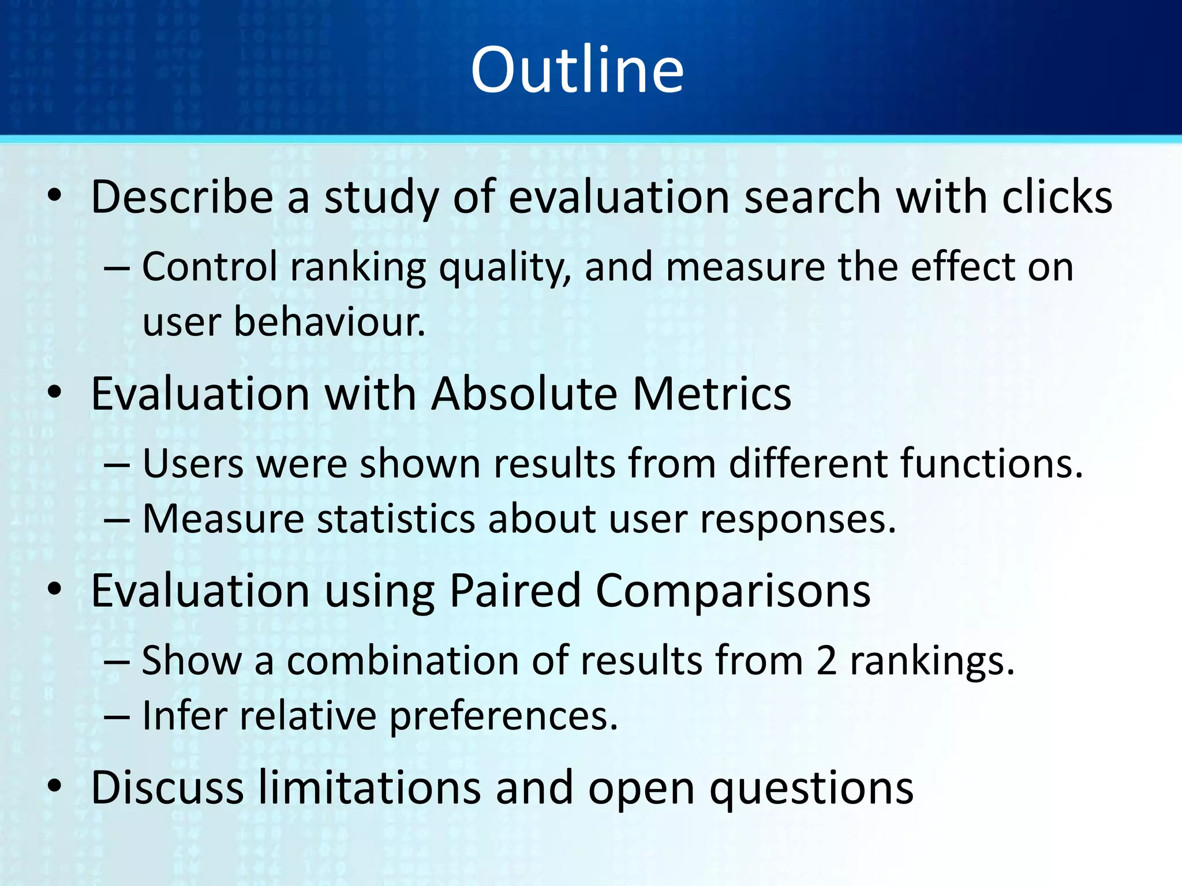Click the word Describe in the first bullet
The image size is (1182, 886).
182,197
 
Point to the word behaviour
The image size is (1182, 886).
329,321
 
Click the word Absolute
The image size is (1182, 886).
525,394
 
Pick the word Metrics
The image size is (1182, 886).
712,394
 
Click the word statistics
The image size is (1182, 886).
395,519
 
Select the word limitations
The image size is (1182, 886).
369,787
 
